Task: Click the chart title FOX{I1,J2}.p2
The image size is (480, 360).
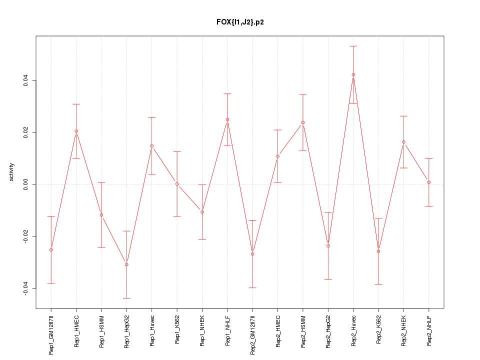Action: [240, 22]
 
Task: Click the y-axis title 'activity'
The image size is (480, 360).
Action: [12, 172]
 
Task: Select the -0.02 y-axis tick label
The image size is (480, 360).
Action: [26, 236]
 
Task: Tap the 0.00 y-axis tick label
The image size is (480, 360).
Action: [26, 184]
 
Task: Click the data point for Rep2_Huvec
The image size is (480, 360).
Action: [353, 74]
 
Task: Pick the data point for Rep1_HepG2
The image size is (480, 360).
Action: [126, 264]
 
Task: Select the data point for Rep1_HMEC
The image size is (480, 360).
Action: [76, 131]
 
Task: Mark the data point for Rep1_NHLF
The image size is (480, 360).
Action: [227, 119]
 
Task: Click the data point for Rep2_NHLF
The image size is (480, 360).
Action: [429, 182]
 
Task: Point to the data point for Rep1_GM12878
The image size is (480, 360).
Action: [51, 249]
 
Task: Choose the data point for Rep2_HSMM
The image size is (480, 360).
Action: [303, 122]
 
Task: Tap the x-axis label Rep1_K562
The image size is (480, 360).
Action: [177, 330]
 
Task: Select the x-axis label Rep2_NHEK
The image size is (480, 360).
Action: [403, 330]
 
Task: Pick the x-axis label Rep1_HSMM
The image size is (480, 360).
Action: [101, 331]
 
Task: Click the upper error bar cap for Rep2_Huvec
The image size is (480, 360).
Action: [353, 46]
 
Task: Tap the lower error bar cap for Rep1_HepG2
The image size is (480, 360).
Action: [126, 298]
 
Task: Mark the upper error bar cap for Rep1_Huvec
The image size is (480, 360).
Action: [151, 117]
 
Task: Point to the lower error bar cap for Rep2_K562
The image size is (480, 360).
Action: [378, 284]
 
